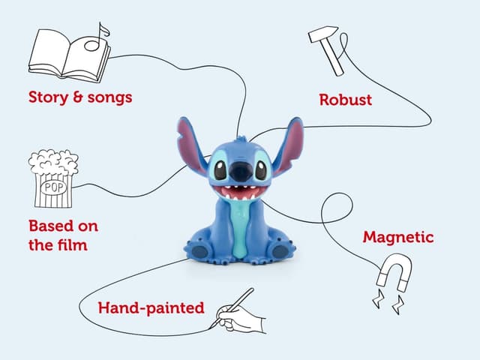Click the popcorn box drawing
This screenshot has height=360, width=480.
pyautogui.click(x=53, y=179)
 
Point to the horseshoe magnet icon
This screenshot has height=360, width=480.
pyautogui.click(x=393, y=274)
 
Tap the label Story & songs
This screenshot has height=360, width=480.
pyautogui.click(x=81, y=97)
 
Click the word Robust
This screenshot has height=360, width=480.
pyautogui.click(x=345, y=99)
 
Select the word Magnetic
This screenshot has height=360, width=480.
pyautogui.click(x=398, y=237)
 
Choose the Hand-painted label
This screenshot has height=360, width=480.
pyautogui.click(x=151, y=307)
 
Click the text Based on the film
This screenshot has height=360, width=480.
pyautogui.click(x=63, y=235)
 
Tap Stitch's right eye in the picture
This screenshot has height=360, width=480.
pyautogui.click(x=260, y=169)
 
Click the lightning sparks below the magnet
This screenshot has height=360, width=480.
pyautogui.click(x=388, y=302)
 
